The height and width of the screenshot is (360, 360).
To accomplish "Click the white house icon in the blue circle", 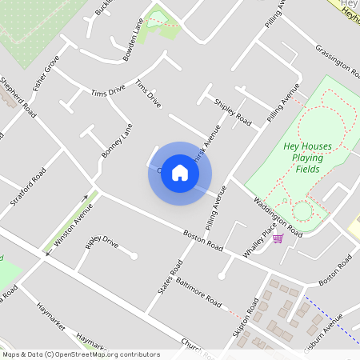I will click(x=180, y=173).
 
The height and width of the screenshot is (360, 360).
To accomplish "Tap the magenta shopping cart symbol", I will click(x=278, y=238).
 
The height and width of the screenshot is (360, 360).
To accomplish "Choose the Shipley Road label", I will click(x=232, y=113).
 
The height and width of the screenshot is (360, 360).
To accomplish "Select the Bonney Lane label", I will click(x=116, y=140).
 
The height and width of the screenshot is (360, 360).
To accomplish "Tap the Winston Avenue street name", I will click(x=73, y=224).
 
